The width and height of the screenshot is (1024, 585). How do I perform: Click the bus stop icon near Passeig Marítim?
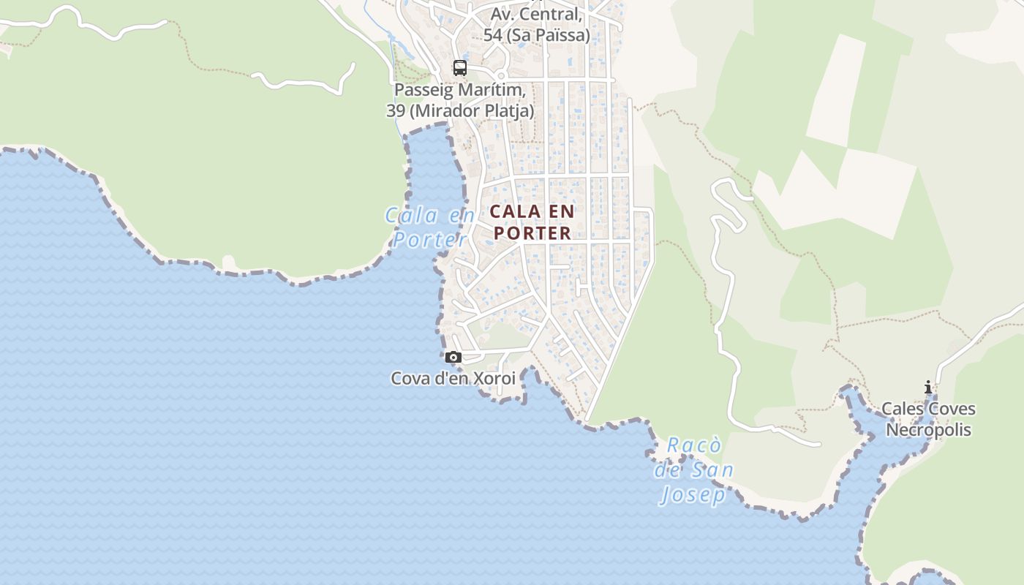(459, 68)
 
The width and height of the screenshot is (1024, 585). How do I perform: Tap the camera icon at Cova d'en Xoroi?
(453, 358)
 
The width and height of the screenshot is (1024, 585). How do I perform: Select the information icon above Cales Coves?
(928, 388)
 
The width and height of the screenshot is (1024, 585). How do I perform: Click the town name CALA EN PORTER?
(532, 222)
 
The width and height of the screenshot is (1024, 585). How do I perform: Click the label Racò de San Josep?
(694, 470)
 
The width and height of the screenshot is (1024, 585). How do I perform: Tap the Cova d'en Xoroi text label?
(453, 379)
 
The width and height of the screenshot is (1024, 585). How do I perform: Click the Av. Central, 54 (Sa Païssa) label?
(536, 24)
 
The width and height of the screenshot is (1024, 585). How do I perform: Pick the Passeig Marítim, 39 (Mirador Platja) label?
(460, 100)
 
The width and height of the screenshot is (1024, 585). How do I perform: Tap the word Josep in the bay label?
(693, 495)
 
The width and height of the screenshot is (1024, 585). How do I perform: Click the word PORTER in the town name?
(532, 233)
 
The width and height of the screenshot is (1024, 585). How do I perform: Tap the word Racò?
(694, 445)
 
